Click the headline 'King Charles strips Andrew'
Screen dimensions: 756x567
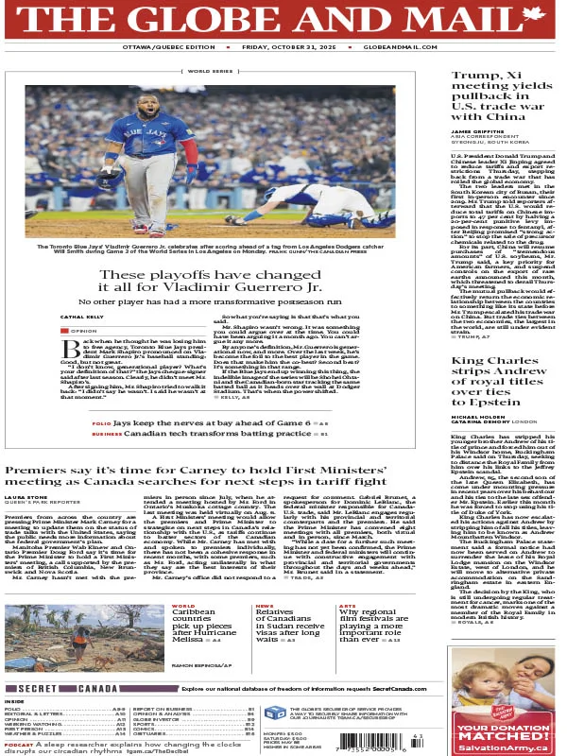pyautogui.click(x=501, y=348)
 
